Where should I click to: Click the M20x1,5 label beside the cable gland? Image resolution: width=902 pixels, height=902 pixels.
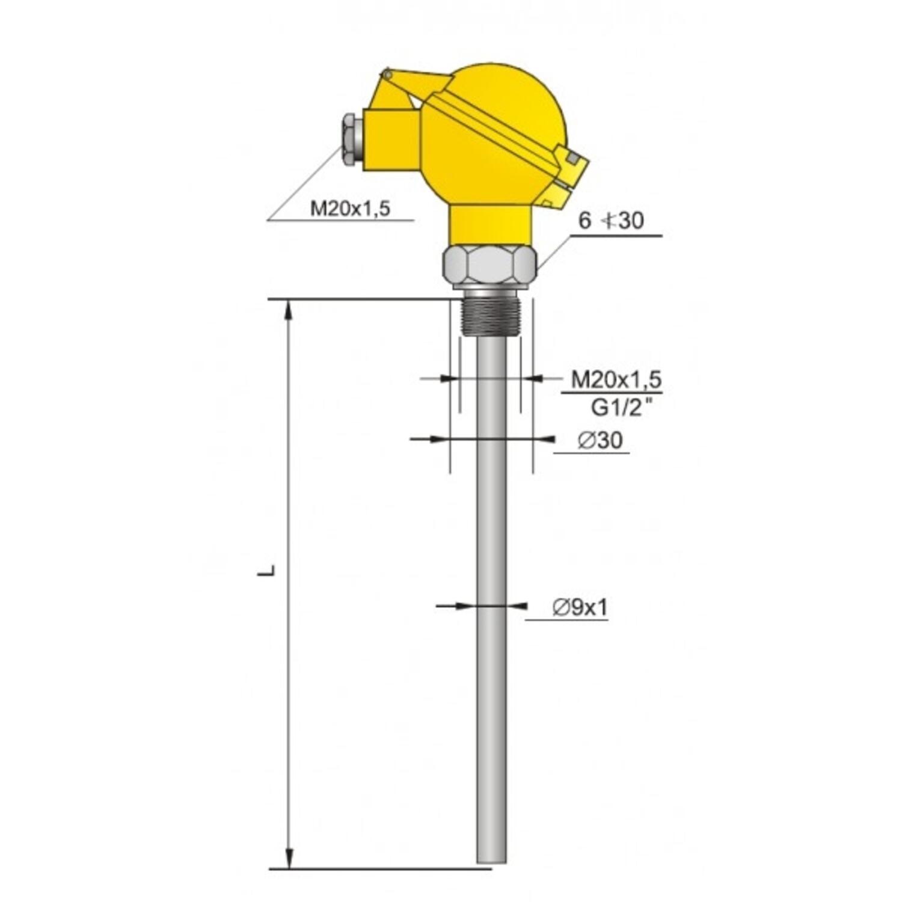350,209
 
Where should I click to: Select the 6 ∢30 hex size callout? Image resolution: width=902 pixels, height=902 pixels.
610,221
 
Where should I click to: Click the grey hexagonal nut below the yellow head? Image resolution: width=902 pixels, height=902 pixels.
489,265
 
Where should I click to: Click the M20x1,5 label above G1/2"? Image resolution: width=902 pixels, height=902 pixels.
616,379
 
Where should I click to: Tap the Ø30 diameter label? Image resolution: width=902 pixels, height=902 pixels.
600,441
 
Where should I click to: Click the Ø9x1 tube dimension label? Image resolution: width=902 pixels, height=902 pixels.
580,608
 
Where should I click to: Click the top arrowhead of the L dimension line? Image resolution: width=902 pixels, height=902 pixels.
290,308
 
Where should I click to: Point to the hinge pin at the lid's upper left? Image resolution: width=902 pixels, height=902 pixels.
387,75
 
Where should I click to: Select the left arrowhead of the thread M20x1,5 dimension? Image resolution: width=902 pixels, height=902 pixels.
446,378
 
